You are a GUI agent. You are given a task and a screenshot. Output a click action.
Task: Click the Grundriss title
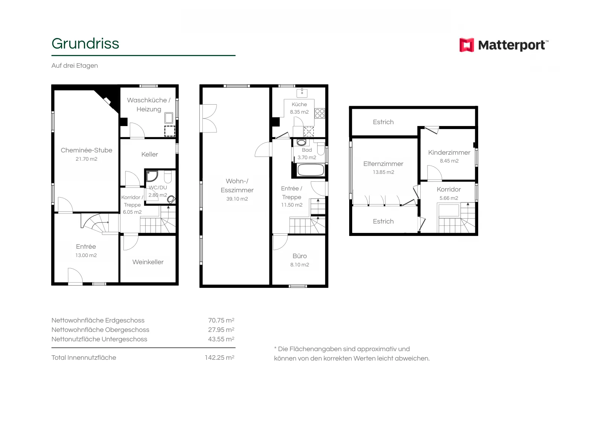pos(85,44)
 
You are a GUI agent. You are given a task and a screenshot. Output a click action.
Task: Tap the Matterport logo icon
pos(467,45)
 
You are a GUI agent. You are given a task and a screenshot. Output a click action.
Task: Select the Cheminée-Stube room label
pos(87,150)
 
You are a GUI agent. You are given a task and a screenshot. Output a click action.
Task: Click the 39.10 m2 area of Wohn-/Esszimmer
pos(237,199)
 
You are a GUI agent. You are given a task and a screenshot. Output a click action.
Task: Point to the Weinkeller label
pos(148,262)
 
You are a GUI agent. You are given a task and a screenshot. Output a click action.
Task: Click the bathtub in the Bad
pos(311,170)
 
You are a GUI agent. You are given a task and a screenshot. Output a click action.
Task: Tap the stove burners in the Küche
pos(320,113)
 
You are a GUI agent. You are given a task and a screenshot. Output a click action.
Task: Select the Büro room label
pos(299,256)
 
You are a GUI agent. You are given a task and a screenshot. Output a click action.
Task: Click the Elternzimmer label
pos(383,164)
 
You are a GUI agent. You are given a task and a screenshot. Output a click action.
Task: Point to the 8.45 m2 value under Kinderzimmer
pos(449,161)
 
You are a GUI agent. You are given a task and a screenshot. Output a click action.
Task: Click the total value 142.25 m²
pos(220,358)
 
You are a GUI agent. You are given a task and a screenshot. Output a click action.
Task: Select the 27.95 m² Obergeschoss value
pos(221,330)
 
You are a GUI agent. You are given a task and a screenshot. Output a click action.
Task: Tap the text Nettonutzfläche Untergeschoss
pos(99,339)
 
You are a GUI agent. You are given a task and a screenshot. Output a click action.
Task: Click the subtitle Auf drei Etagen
pos(75,66)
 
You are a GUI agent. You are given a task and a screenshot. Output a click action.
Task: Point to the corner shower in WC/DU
pos(152,176)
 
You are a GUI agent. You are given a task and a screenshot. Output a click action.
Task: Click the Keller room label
pos(150,154)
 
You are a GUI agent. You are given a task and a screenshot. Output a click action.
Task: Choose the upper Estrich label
pos(383,122)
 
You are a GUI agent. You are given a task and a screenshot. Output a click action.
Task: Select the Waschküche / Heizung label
pos(149,105)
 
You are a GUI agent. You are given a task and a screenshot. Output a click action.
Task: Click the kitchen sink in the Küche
pos(302,93)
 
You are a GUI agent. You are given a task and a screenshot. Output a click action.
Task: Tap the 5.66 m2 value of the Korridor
pos(449,198)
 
